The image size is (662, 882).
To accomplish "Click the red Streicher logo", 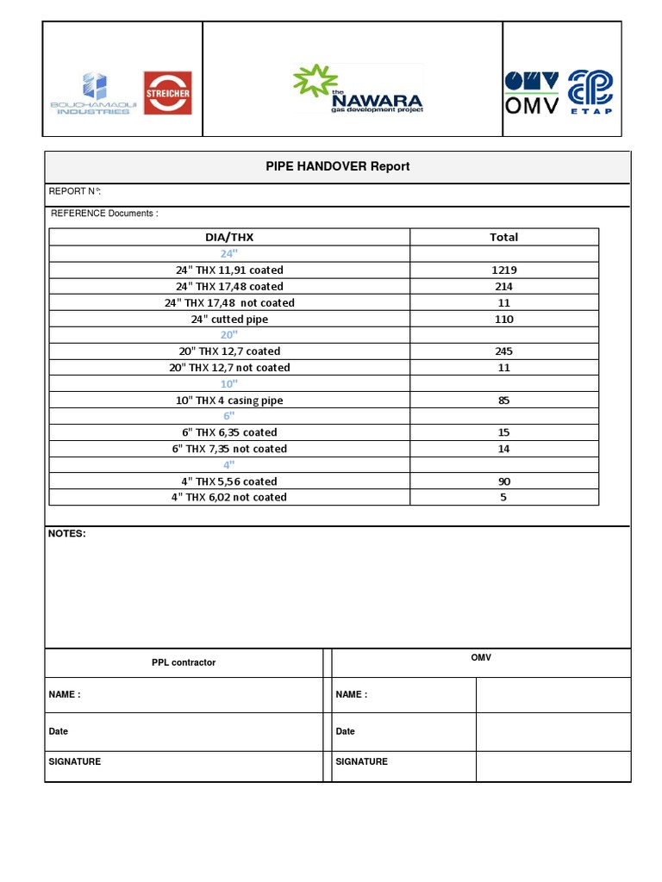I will click(x=167, y=93).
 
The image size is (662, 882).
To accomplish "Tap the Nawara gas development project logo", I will click(x=358, y=90).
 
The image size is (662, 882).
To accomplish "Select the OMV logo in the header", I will click(x=532, y=93).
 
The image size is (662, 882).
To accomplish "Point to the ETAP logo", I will click(x=590, y=93).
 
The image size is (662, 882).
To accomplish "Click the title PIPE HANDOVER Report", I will click(x=338, y=166).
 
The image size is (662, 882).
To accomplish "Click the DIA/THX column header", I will click(x=229, y=237).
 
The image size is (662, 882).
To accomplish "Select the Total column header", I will click(x=503, y=237).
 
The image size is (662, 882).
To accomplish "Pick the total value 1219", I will click(x=503, y=270).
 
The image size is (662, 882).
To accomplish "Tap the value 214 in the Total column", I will click(x=503, y=286).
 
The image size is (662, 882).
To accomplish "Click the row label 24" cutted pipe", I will click(x=229, y=319).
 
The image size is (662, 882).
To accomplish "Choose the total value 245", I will click(x=503, y=351).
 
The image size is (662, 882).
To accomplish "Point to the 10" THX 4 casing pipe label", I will click(x=229, y=401).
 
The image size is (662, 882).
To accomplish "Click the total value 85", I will click(x=503, y=401).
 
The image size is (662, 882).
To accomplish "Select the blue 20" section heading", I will click(x=228, y=335).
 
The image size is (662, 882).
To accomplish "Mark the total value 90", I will click(x=503, y=481).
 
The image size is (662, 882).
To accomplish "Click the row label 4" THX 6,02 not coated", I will click(x=229, y=497).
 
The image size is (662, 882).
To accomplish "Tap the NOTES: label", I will click(x=67, y=534).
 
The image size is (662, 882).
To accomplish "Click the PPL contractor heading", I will click(x=184, y=662).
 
